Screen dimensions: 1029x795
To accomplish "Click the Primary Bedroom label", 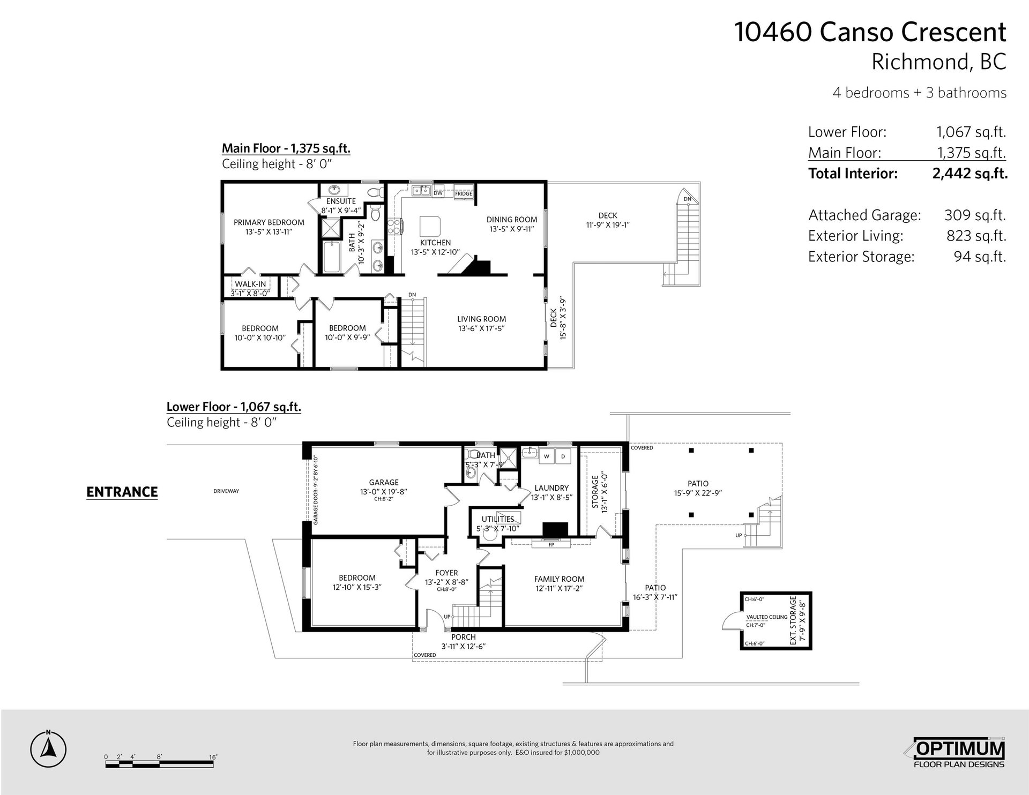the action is [269, 222].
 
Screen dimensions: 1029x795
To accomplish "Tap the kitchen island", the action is [431, 226].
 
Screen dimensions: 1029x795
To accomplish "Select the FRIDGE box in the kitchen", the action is [464, 193].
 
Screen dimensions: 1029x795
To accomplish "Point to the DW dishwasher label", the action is [438, 193].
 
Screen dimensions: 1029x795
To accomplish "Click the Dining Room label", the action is [512, 220].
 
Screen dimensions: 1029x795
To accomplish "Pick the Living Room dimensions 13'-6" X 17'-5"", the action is [481, 328].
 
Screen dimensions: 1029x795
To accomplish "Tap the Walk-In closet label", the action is [250, 284].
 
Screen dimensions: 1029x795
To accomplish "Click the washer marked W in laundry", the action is [547, 456].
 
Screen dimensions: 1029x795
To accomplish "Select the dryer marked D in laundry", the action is [563, 456].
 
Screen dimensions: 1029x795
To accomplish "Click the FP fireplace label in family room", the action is [551, 545].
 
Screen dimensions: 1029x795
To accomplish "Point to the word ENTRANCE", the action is [122, 492].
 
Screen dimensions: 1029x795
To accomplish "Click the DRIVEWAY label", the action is [226, 491].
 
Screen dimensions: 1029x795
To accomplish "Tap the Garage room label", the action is [384, 482].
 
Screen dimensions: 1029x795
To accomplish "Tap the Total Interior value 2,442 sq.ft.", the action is [970, 174].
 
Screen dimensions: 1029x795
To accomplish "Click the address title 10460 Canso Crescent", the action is [870, 32].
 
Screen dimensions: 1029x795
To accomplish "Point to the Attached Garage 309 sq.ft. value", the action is [975, 215].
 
